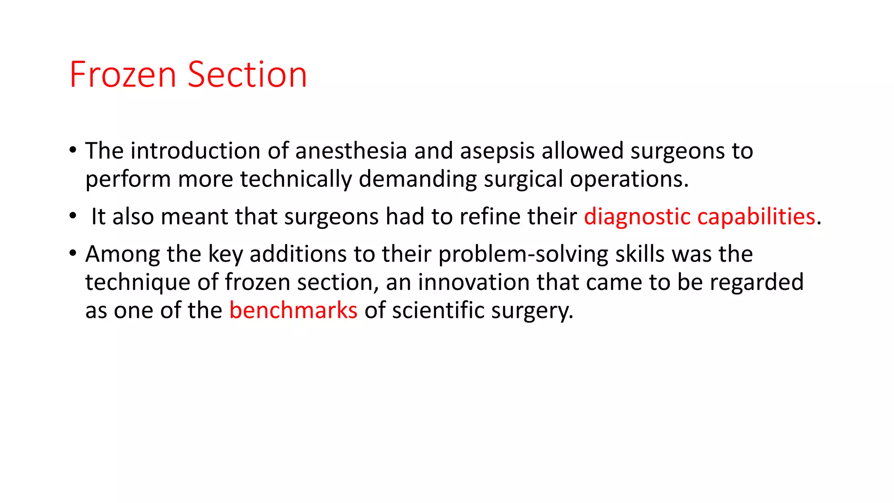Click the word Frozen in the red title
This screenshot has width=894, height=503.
[x=123, y=75]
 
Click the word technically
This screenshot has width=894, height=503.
[x=296, y=179]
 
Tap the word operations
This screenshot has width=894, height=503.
[x=629, y=179]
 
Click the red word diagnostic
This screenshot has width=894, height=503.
[x=637, y=217]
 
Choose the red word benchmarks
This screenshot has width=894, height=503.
[x=293, y=310]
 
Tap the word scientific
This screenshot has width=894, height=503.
[x=438, y=310]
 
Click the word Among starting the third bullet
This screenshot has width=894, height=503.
[x=122, y=255]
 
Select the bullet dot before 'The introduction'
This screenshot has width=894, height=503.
[x=73, y=151]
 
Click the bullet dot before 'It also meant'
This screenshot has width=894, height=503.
[x=73, y=216]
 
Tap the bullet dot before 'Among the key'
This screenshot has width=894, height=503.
[x=73, y=254]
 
